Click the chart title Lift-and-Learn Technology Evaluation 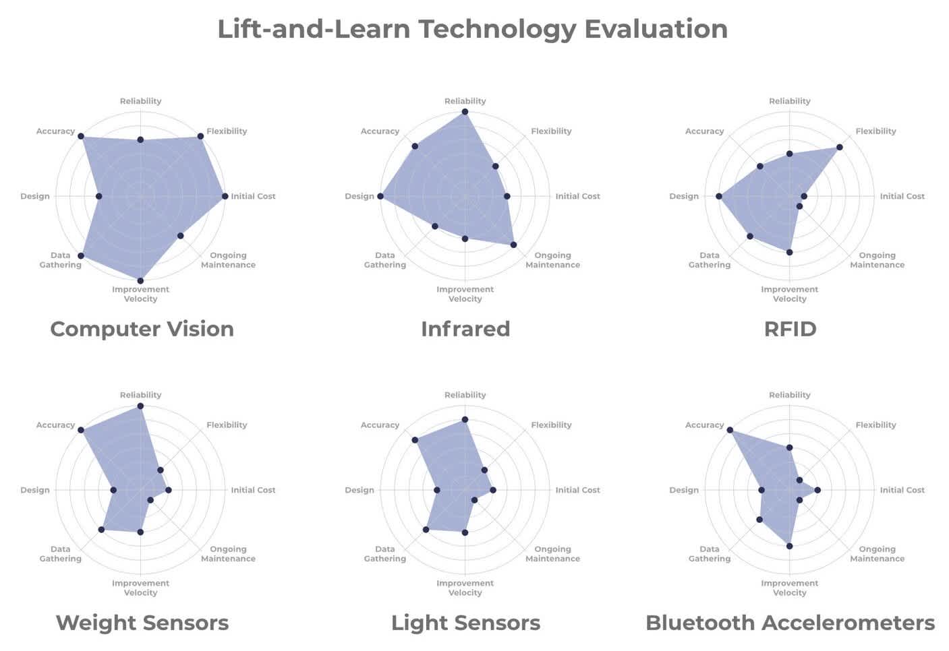tap(472, 29)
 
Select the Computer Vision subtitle tap(142, 329)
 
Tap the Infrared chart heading tap(465, 329)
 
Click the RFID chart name tap(790, 329)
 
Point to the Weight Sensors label tap(142, 623)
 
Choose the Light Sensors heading tap(465, 623)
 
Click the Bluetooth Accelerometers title tap(790, 623)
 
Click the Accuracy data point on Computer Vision tap(81, 137)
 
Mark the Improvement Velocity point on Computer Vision tap(140, 280)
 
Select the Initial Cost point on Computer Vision tap(225, 196)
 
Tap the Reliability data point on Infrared tap(465, 112)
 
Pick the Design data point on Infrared tap(380, 196)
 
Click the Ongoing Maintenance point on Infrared tap(513, 245)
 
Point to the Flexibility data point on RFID tap(840, 147)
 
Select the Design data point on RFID tap(719, 196)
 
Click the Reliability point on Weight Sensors tap(140, 406)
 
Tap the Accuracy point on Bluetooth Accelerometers tap(730, 431)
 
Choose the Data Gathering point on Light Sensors tap(426, 530)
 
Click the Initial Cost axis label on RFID tap(902, 196)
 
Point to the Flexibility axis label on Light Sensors tap(551, 425)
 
